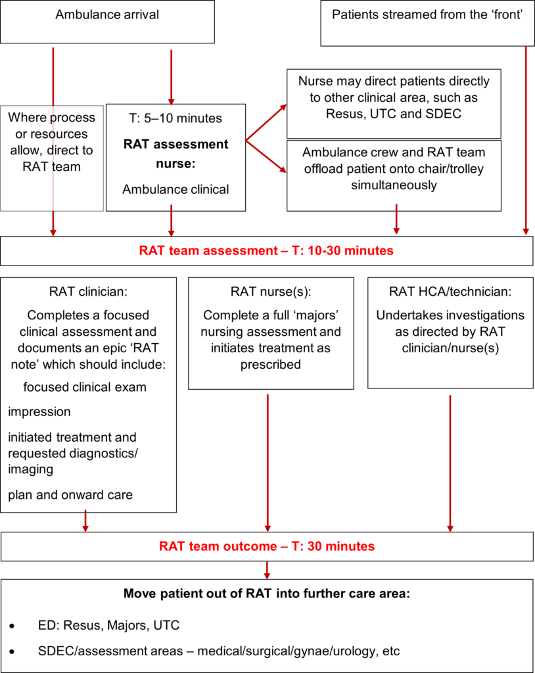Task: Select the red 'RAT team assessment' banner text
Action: (266, 250)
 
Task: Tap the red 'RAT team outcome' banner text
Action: (266, 546)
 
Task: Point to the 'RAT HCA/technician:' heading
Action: (450, 290)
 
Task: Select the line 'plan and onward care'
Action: (70, 495)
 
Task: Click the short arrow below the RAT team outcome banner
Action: (266, 569)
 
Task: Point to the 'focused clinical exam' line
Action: (85, 387)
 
